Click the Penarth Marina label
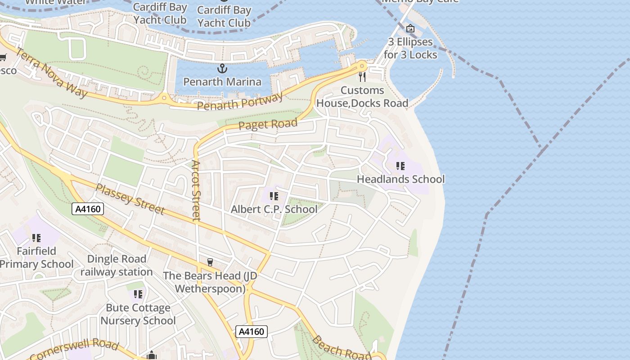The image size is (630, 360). click(x=222, y=82)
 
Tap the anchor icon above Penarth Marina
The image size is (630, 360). click(x=222, y=68)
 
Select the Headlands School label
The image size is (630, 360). click(x=400, y=179)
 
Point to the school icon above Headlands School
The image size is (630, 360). click(x=400, y=166)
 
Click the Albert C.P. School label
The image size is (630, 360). click(x=274, y=209)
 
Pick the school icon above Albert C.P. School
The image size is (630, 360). click(x=274, y=196)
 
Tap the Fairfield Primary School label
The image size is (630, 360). click(x=36, y=257)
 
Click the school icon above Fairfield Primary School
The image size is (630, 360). click(x=36, y=238)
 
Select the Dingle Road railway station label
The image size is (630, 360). click(x=116, y=265)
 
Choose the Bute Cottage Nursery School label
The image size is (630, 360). click(x=138, y=314)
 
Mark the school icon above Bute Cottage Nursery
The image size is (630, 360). click(x=138, y=294)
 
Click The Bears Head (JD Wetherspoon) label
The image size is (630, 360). click(x=210, y=282)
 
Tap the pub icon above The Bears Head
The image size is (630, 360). click(x=210, y=262)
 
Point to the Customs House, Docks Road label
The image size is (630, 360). click(x=362, y=97)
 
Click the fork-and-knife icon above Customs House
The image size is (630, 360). click(x=362, y=77)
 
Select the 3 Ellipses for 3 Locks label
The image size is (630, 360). click(x=410, y=48)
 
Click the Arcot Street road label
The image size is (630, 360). click(x=196, y=191)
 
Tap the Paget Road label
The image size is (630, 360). click(x=268, y=124)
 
